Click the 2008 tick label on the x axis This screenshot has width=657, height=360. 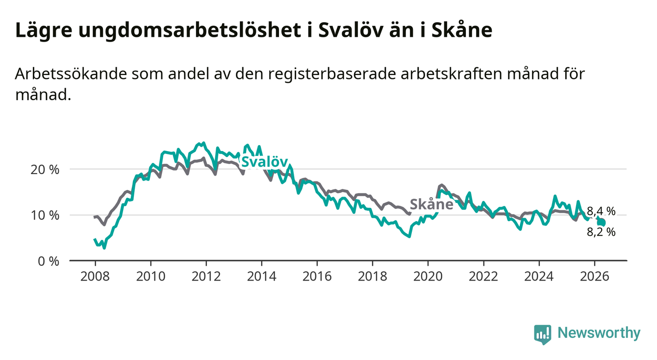[95, 277]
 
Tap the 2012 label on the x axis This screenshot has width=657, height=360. [206, 277]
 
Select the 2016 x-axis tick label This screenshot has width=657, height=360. [317, 277]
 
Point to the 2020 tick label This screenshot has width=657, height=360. [428, 277]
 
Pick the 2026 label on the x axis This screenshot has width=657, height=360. [595, 277]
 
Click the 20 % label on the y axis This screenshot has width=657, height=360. [45, 170]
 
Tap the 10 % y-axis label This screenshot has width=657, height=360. [45, 215]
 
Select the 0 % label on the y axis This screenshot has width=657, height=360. [49, 261]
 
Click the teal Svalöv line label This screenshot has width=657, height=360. [264, 162]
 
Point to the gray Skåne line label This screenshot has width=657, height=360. [431, 204]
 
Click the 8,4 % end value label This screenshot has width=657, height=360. [601, 211]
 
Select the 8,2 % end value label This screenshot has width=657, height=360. [601, 232]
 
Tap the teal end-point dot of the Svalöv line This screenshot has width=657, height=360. [602, 223]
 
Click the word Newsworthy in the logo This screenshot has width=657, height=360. [599, 333]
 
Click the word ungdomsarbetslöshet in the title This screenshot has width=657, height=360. [190, 30]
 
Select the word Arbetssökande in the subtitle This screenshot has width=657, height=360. [71, 74]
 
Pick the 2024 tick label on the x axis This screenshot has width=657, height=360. [539, 277]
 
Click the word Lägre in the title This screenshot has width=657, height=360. [44, 30]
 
